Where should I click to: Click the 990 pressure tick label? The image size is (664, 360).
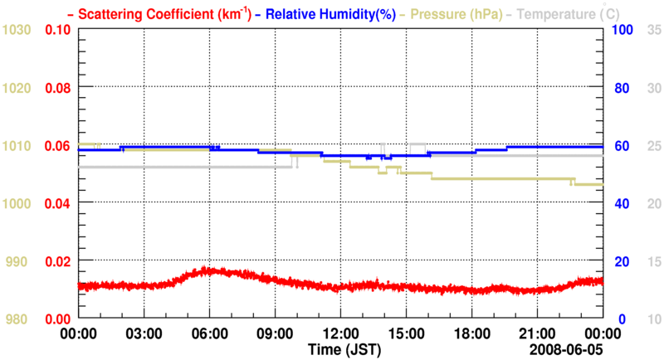20,261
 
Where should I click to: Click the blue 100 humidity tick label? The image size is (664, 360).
622,30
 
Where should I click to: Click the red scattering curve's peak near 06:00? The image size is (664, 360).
207,270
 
